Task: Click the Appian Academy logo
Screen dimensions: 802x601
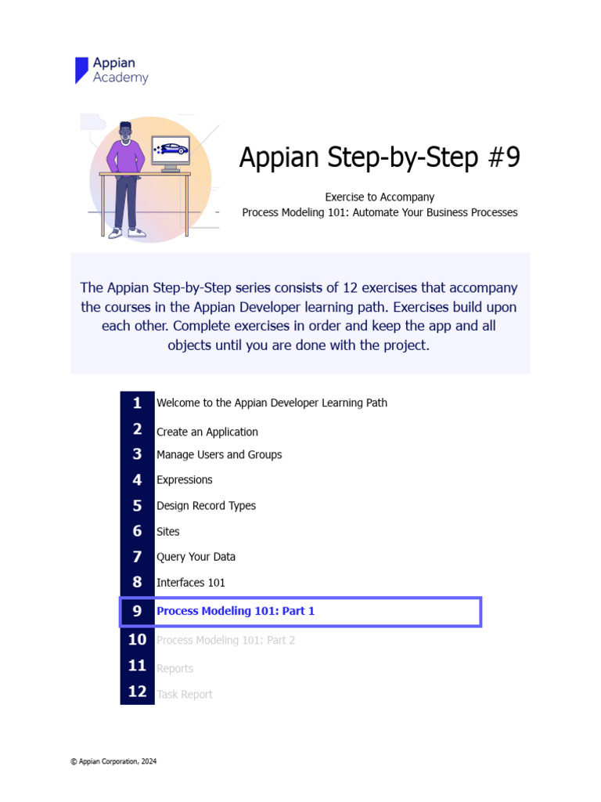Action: (111, 70)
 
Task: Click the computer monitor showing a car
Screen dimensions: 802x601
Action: (171, 149)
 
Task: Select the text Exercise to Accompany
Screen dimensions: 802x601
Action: (380, 197)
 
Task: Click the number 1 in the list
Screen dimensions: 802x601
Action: (137, 403)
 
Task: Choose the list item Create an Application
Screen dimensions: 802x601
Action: (207, 432)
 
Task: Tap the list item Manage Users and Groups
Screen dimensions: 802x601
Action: (219, 454)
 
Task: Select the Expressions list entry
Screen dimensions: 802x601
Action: (184, 479)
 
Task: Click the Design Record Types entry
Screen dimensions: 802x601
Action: (206, 505)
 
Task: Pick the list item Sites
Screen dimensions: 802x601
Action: (167, 531)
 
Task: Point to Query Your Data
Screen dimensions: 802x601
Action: (196, 557)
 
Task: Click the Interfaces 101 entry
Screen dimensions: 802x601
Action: (190, 582)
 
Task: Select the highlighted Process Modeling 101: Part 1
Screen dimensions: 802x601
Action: (236, 611)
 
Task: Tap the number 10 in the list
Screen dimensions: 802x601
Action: (137, 639)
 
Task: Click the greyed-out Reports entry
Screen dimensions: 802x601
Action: (175, 668)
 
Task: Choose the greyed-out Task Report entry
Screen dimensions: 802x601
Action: (184, 694)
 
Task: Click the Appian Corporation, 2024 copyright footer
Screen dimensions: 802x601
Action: (113, 760)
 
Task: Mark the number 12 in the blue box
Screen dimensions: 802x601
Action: (137, 692)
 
